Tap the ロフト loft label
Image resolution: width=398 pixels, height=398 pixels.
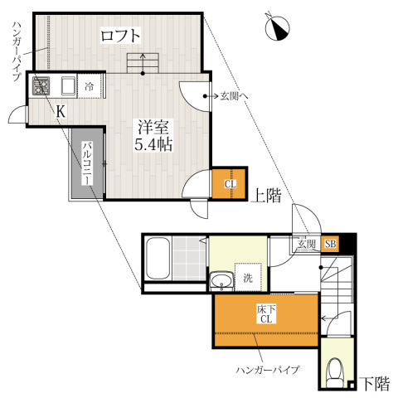(x=120, y=36)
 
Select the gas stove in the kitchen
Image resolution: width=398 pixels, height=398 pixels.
(x=41, y=85)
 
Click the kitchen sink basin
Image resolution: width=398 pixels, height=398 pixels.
(x=68, y=85)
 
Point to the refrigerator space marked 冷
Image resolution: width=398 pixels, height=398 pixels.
(x=90, y=85)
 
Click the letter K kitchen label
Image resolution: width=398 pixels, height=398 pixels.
(x=61, y=112)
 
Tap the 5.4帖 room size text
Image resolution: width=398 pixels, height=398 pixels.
(x=153, y=144)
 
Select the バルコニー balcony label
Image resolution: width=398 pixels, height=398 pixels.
(x=87, y=163)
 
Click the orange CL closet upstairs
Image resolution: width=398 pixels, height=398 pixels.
(x=229, y=183)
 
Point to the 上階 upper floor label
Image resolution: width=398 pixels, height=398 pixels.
(x=266, y=196)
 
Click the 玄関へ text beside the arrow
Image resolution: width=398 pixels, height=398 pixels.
(x=234, y=96)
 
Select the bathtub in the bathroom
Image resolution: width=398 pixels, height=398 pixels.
(x=158, y=259)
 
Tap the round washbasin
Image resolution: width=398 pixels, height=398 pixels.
(x=221, y=280)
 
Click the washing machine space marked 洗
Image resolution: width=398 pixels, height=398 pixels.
(x=248, y=277)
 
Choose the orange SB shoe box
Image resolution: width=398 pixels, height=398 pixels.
(x=330, y=244)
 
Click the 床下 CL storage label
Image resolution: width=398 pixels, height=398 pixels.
(x=266, y=314)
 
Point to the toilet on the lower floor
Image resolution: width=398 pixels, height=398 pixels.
(x=335, y=373)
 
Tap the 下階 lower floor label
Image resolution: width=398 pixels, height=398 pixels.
(x=376, y=384)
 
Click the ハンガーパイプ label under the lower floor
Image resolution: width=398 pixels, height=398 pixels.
(x=268, y=370)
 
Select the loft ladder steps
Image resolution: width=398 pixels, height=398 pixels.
(x=143, y=63)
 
